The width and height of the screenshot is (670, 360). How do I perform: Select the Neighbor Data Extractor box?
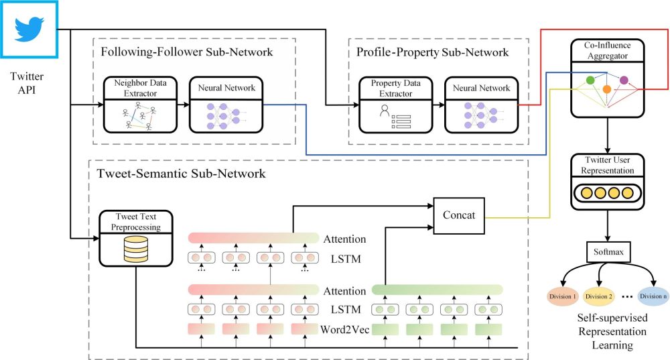coord(140,104)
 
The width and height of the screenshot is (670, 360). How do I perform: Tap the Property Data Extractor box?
coord(396,104)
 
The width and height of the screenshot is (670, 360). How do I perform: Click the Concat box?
coord(460,215)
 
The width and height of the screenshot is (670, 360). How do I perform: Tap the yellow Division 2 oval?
coord(600,296)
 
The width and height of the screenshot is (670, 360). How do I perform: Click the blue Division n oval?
coord(653,296)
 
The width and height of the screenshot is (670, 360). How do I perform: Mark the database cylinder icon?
coord(136,250)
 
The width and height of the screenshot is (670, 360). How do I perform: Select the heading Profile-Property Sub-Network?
coord(432,52)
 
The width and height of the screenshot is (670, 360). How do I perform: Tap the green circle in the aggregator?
coord(591,80)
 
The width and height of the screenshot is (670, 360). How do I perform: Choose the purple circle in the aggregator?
coord(624,80)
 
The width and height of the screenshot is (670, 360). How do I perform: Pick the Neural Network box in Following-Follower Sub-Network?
coord(226,104)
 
